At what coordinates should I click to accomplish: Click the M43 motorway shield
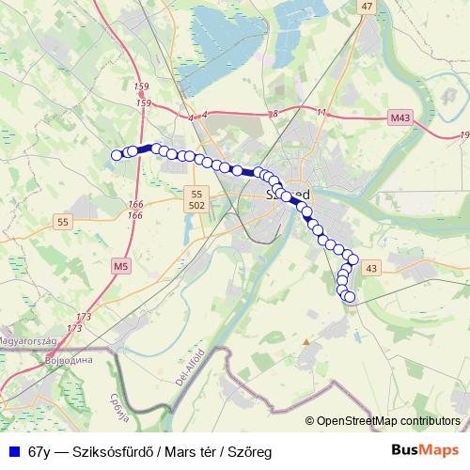399,118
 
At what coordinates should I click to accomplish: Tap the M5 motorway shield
119,267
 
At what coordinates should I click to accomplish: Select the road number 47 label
367,6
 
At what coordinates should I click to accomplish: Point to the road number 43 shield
370,268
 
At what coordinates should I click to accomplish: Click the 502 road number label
196,205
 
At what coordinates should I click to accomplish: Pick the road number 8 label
274,113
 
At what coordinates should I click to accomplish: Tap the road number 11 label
321,113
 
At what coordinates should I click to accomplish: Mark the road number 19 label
464,136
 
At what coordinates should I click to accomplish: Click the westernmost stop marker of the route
117,155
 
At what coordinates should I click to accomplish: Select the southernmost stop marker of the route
350,297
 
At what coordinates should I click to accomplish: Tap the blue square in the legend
13,451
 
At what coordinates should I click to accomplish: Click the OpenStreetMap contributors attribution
388,420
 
